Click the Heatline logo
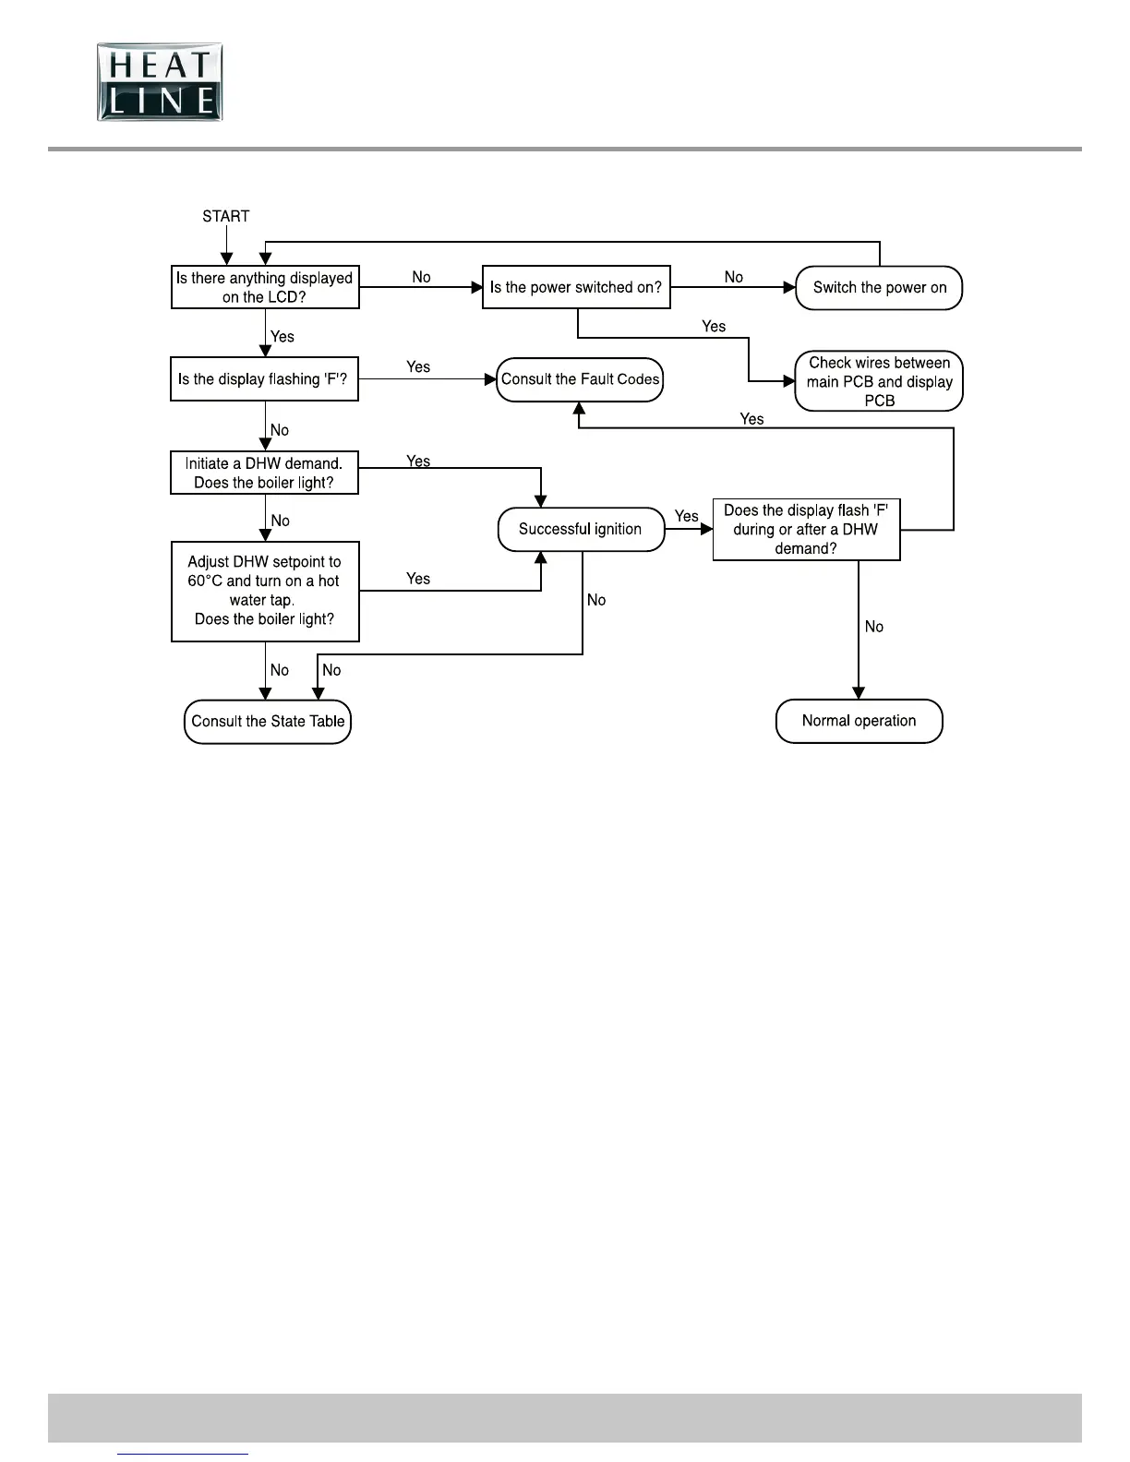(160, 81)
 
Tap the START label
(225, 216)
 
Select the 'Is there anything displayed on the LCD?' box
(265, 287)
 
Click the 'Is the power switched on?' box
(576, 287)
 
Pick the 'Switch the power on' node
(879, 287)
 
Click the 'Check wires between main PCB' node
(879, 381)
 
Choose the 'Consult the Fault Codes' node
(580, 379)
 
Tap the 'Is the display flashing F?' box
(264, 379)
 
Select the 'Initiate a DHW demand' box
(264, 473)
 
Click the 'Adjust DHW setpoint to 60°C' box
(265, 591)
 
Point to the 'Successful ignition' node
(581, 529)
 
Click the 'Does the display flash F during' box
(806, 529)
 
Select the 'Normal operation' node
(859, 721)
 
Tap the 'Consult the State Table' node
(268, 721)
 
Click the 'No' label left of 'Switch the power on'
(734, 277)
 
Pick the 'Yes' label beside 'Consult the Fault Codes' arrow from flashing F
(418, 366)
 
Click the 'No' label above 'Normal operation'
(873, 627)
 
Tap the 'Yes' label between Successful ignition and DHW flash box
(686, 516)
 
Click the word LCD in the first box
(287, 297)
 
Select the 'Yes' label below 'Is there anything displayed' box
(282, 337)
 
